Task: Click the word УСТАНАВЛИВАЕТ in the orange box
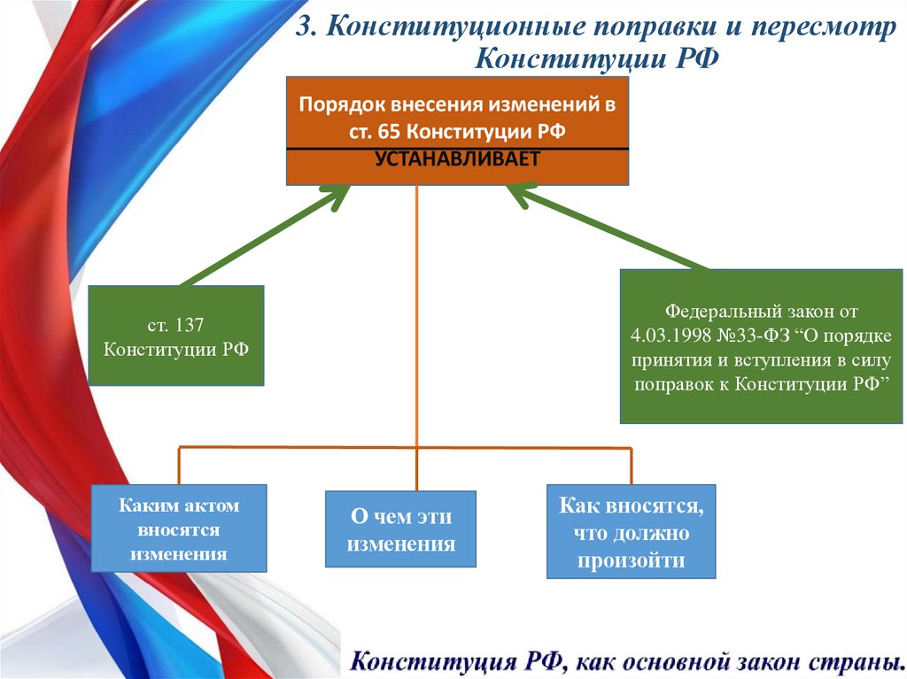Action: pos(457,159)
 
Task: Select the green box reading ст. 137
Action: pos(176,335)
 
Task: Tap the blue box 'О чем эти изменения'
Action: pos(400,529)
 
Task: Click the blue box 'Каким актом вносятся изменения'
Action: pos(179,529)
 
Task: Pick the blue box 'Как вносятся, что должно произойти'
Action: pos(631,532)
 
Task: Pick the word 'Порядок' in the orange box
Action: pos(337,104)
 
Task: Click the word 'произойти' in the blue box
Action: pos(631,559)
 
